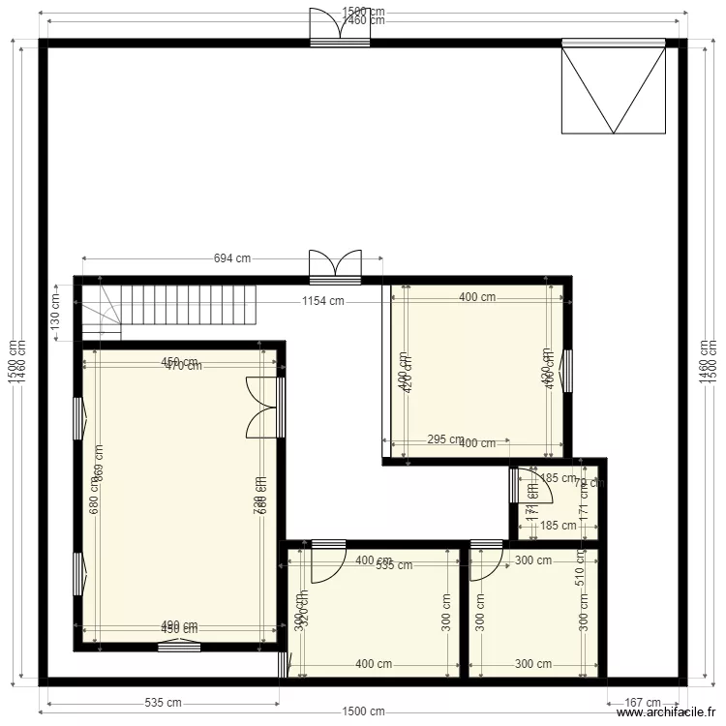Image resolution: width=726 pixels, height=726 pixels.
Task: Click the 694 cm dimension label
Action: click(232, 258)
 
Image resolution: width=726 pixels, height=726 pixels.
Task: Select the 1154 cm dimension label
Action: click(322, 301)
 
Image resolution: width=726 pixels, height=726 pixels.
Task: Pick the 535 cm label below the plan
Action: click(162, 703)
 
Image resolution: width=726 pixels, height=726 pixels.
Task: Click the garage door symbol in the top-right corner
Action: click(613, 87)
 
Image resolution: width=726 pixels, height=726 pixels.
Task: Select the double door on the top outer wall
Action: click(340, 27)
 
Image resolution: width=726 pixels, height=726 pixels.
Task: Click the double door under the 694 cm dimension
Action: click(335, 266)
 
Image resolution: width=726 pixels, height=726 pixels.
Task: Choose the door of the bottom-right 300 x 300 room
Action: click(485, 561)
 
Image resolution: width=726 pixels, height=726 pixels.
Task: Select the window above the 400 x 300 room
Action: click(327, 543)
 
